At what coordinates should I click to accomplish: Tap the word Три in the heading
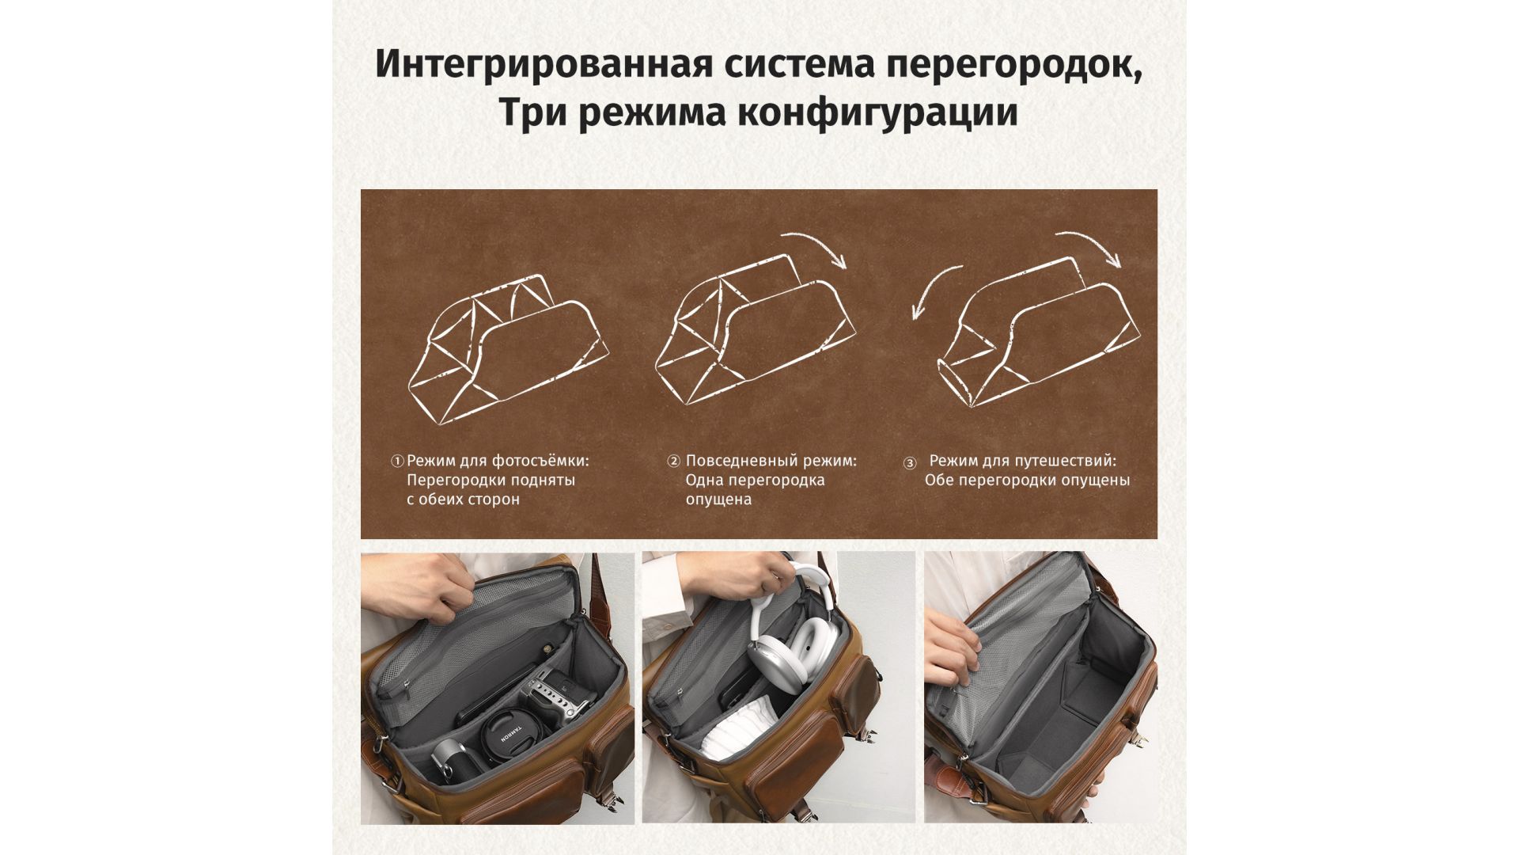click(532, 112)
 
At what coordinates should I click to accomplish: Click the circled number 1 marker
click(398, 461)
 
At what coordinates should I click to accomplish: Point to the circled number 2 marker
click(674, 461)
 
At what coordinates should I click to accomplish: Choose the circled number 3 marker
click(910, 462)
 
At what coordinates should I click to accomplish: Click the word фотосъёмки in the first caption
click(540, 461)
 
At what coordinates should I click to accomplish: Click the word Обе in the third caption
click(939, 481)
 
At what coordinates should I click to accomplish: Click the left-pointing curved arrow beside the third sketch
click(934, 290)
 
